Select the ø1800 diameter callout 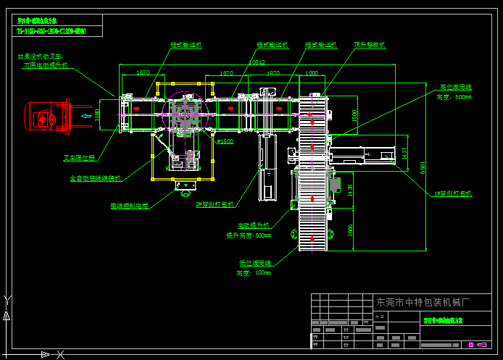pyautogui.click(x=225, y=141)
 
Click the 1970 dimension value pyautogui.click(x=273, y=73)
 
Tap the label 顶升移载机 pyautogui.click(x=370, y=45)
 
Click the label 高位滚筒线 pyautogui.click(x=456, y=87)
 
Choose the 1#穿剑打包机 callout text pyautogui.click(x=453, y=193)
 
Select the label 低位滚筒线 pyautogui.click(x=254, y=263)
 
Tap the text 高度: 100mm pyautogui.click(x=253, y=273)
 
